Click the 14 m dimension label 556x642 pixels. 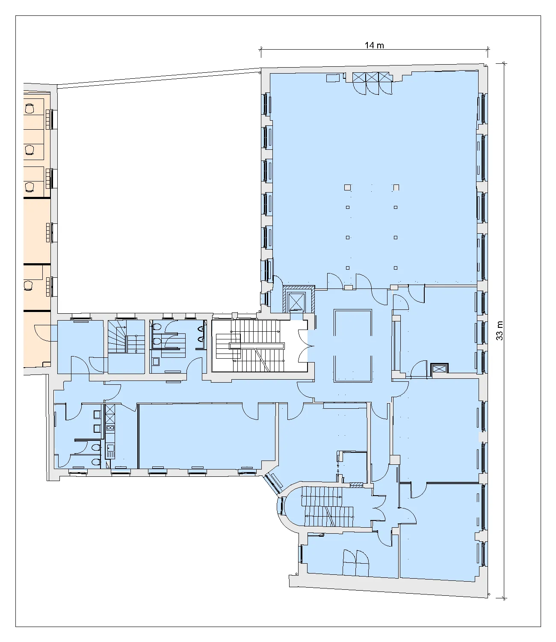(x=374, y=45)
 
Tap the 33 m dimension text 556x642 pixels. (x=500, y=330)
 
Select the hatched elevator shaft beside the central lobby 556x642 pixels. (x=299, y=300)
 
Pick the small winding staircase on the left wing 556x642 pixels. (x=126, y=337)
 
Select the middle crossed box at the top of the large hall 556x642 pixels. (x=372, y=77)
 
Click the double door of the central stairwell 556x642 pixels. (x=306, y=346)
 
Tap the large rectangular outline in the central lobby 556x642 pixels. (x=353, y=345)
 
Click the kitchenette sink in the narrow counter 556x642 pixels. (x=110, y=448)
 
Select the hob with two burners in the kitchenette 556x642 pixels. (x=110, y=428)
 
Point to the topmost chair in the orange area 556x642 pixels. (x=30, y=108)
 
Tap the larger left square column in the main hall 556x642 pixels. (x=347, y=187)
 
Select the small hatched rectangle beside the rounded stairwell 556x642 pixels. (x=356, y=485)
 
